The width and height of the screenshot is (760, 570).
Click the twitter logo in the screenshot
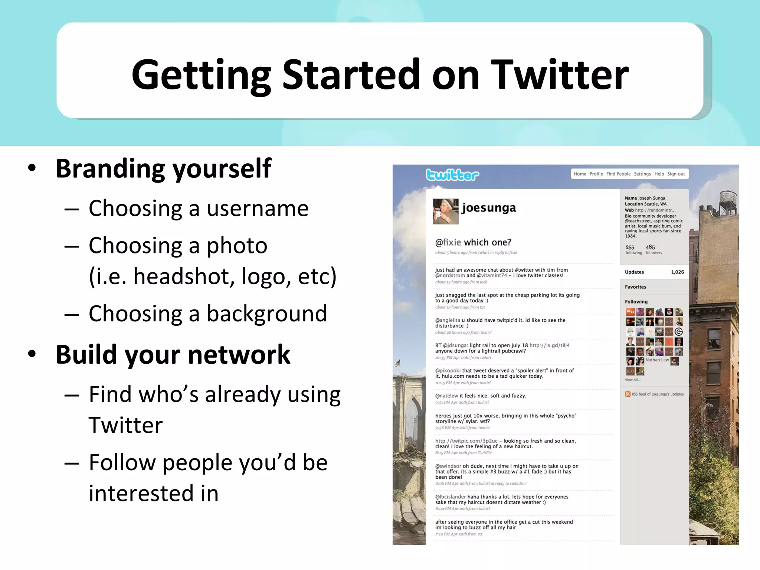452,174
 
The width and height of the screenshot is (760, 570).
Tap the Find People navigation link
618,174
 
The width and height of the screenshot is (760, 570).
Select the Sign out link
676,174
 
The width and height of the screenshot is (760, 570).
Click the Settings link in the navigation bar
642,174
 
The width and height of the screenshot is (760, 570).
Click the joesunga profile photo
446,211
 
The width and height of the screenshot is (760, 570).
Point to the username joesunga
489,208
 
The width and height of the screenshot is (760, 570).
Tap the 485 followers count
650,247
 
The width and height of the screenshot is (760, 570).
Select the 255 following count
630,247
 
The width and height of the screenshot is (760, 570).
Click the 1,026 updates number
677,272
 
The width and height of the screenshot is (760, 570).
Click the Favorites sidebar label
635,287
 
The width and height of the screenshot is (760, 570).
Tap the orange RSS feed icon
628,394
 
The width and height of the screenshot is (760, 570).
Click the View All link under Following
632,380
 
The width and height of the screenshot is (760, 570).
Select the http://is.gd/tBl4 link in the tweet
549,345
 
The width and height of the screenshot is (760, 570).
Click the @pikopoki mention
448,370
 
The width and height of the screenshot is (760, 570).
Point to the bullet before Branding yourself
32,168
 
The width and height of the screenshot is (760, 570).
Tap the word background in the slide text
266,314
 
